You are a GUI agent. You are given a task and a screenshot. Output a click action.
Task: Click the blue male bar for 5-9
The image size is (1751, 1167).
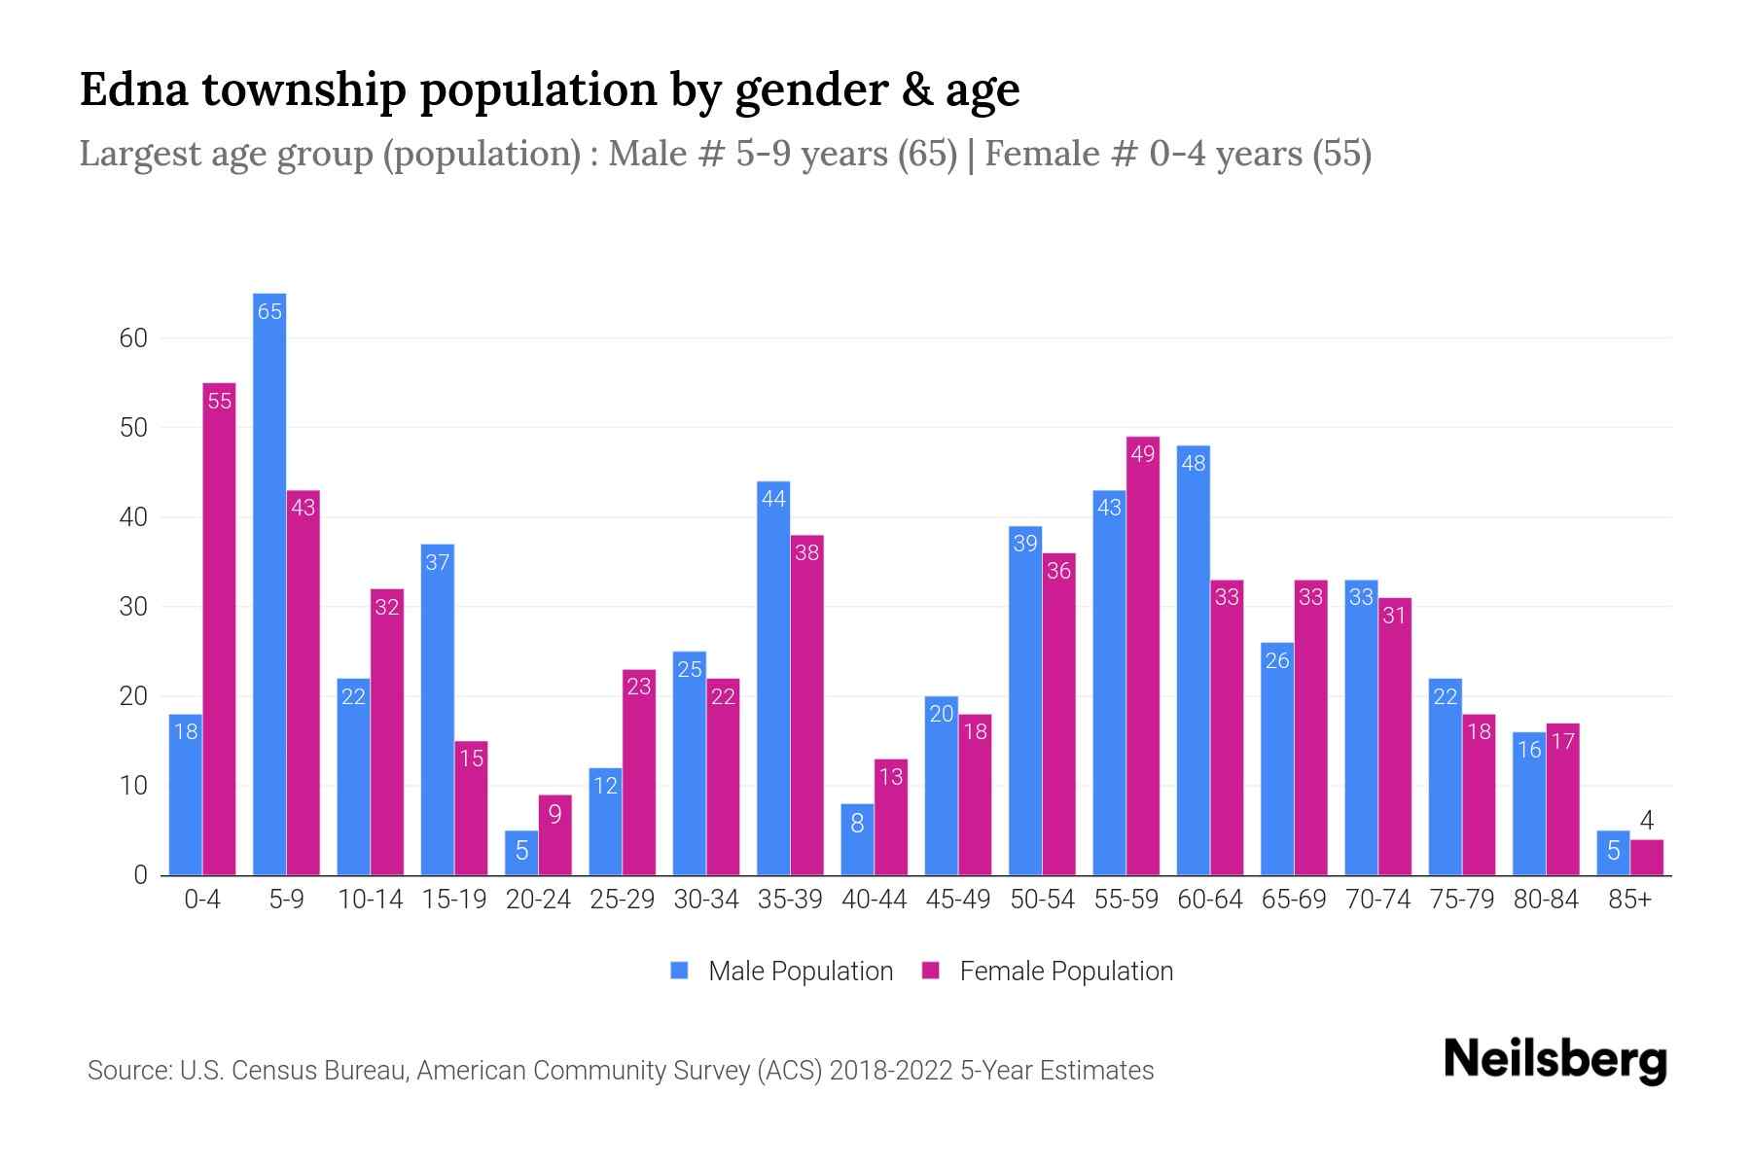coord(269,583)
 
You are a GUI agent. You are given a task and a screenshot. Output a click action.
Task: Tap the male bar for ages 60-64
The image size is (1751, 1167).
coord(1194,660)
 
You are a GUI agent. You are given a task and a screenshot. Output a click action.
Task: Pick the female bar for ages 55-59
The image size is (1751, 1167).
coord(1143,655)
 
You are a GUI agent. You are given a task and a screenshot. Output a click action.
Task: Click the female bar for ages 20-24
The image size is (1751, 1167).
coord(554,835)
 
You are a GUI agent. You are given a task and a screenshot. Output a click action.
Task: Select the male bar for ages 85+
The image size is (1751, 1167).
coord(1613,853)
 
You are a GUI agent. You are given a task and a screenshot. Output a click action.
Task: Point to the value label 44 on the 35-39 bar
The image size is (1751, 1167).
coord(773,499)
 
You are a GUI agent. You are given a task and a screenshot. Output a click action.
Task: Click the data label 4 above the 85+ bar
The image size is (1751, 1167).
coord(1646,821)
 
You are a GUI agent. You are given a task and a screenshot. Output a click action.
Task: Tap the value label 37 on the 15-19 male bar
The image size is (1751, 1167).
coord(438,562)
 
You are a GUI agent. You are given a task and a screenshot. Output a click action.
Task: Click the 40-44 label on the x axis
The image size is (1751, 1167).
coord(874,900)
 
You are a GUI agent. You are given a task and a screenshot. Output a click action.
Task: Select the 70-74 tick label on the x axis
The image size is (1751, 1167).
coord(1377,900)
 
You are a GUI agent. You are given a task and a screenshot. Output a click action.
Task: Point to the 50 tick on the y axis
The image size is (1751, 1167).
coord(133,428)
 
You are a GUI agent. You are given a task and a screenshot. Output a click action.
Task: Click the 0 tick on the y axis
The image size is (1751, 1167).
coord(141,875)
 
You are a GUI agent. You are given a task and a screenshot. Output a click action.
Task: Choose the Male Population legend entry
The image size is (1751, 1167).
coord(800,972)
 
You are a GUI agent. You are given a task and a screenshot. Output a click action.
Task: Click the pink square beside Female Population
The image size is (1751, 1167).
coord(931,971)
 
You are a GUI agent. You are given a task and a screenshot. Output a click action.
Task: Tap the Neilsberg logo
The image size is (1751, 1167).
coord(1554,1060)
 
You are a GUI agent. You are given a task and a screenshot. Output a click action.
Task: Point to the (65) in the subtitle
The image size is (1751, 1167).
coord(927,154)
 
